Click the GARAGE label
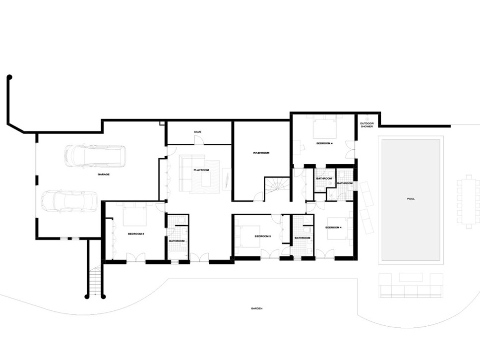pos(104,175)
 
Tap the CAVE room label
pos(197,132)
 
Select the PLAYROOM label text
pos(201,170)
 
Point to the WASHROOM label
pos(261,153)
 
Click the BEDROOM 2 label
pos(135,234)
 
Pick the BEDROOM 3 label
pos(263,237)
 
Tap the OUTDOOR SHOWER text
pos(367,125)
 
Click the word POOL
pos(411,199)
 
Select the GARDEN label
pos(256,308)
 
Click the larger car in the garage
pos(95,156)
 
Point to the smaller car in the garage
pos(69,201)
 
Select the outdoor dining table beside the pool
pos(469,202)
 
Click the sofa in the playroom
pos(192,173)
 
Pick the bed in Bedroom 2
pos(135,214)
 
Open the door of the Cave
pos(199,140)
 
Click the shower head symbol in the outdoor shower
pos(367,119)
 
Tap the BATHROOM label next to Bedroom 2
pos(177,241)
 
